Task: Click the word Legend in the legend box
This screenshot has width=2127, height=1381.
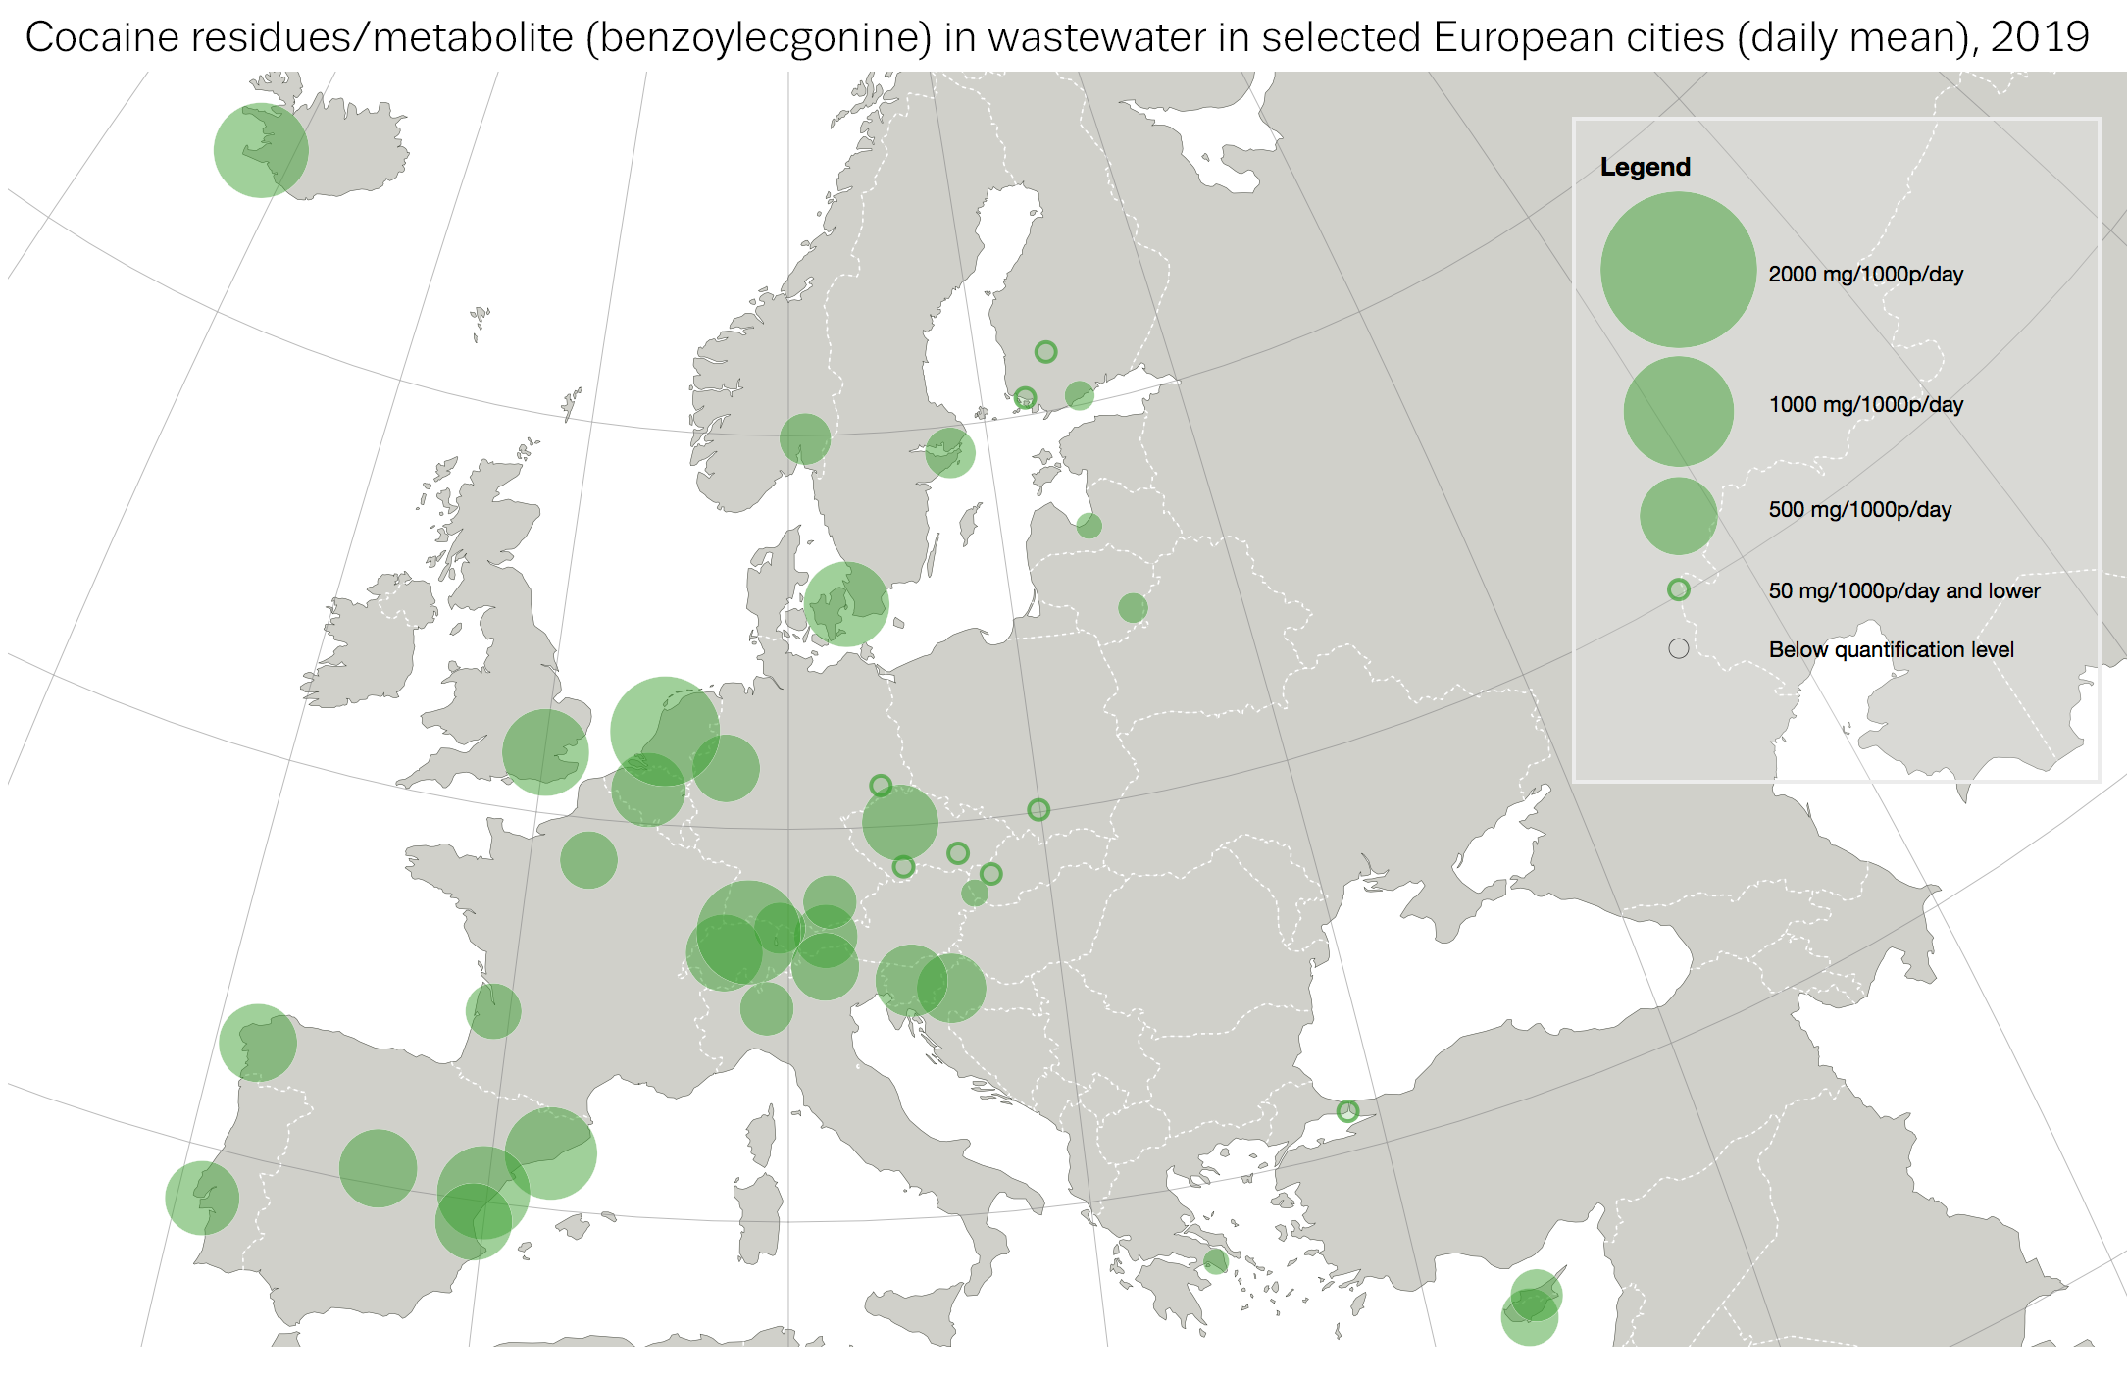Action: (x=1645, y=167)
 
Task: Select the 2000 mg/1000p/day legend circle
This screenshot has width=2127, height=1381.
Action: (x=1678, y=270)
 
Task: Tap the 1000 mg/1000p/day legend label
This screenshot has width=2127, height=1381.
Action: (x=1865, y=405)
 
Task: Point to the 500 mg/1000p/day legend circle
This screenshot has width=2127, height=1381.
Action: (x=1678, y=516)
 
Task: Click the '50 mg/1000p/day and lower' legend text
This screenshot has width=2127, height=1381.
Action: (x=1903, y=591)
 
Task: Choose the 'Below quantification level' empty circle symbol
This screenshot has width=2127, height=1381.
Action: (x=1678, y=649)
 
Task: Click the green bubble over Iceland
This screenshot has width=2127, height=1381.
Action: (x=261, y=151)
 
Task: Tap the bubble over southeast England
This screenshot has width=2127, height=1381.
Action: (x=545, y=752)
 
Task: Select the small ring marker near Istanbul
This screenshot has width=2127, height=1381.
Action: (x=1347, y=1111)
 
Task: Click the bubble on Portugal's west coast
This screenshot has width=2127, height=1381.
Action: (x=202, y=1198)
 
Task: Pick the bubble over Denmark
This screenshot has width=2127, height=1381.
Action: (x=846, y=604)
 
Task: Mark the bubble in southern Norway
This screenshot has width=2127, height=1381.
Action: (x=805, y=438)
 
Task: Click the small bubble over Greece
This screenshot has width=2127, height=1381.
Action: (x=1215, y=1261)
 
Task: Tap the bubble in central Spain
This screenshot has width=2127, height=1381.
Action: (x=378, y=1168)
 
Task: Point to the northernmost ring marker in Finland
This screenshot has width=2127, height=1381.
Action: (x=1045, y=352)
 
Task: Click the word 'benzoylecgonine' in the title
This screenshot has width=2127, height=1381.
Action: (x=758, y=37)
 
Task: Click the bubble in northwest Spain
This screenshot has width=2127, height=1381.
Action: (x=257, y=1043)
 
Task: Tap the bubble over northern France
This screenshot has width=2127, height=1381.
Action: (x=588, y=860)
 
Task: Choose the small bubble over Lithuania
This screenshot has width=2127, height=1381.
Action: (x=1133, y=608)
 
